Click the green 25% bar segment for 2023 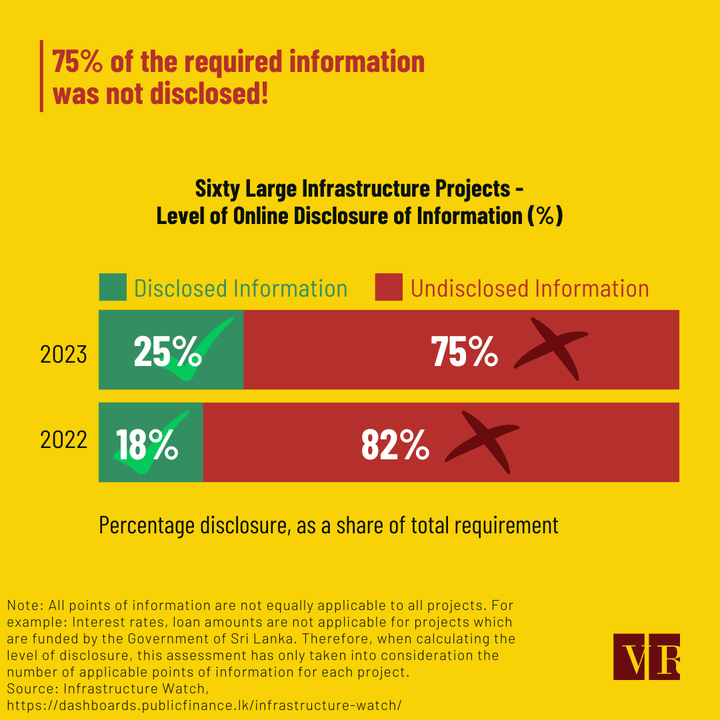pos(171,349)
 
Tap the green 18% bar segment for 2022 pos(151,442)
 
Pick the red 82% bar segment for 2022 pos(441,442)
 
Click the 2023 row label pos(63,354)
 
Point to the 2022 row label pos(63,441)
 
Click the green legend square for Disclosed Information pos(113,287)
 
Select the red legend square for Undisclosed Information pos(389,287)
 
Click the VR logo pos(646,657)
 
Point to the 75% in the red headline pos(77,62)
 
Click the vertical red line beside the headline pos(41,76)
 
